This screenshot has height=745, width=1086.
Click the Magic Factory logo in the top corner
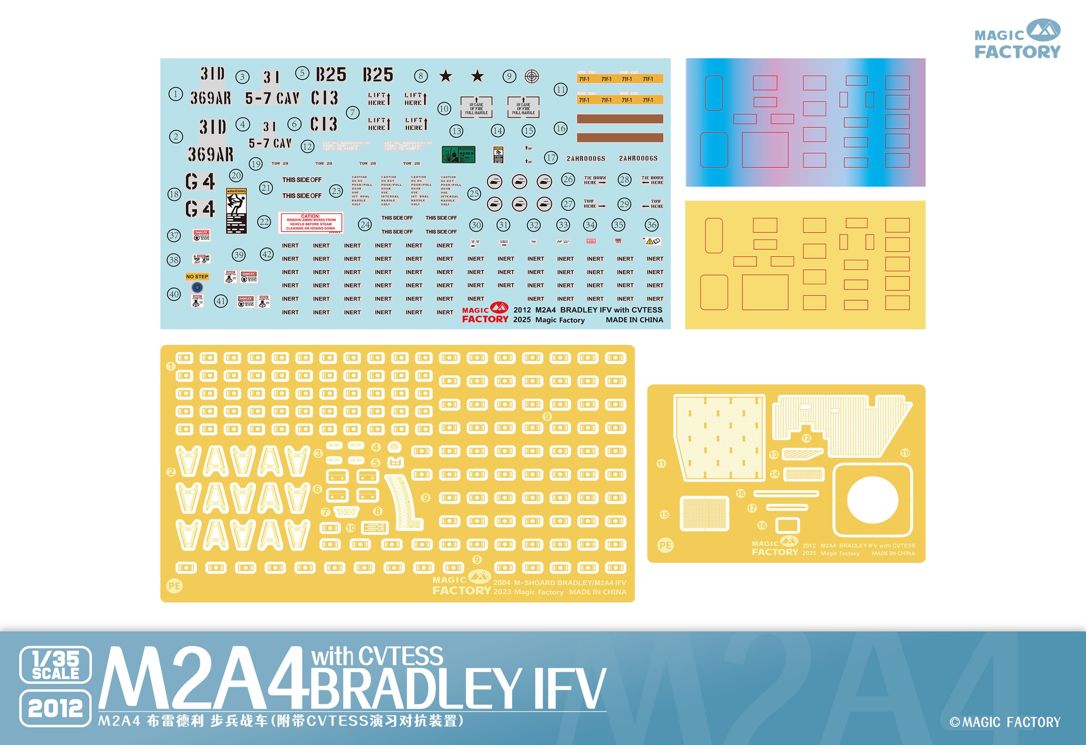(x=1017, y=39)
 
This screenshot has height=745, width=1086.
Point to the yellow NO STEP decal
(x=197, y=276)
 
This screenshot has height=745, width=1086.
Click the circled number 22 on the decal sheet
(x=264, y=222)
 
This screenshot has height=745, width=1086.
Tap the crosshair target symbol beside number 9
(x=532, y=76)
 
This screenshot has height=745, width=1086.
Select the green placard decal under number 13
(x=458, y=154)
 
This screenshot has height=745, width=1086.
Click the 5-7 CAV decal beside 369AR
(x=272, y=98)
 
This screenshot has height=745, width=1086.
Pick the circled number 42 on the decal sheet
(x=267, y=254)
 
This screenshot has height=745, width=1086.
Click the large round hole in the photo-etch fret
(x=872, y=500)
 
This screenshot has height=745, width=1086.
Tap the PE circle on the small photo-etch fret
(x=665, y=545)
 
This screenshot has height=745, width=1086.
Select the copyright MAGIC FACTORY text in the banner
(x=1005, y=722)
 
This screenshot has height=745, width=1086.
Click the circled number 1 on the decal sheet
(x=175, y=94)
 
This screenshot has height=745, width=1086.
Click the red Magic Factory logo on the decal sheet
(x=485, y=313)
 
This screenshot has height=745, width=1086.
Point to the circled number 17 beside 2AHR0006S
(x=551, y=158)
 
